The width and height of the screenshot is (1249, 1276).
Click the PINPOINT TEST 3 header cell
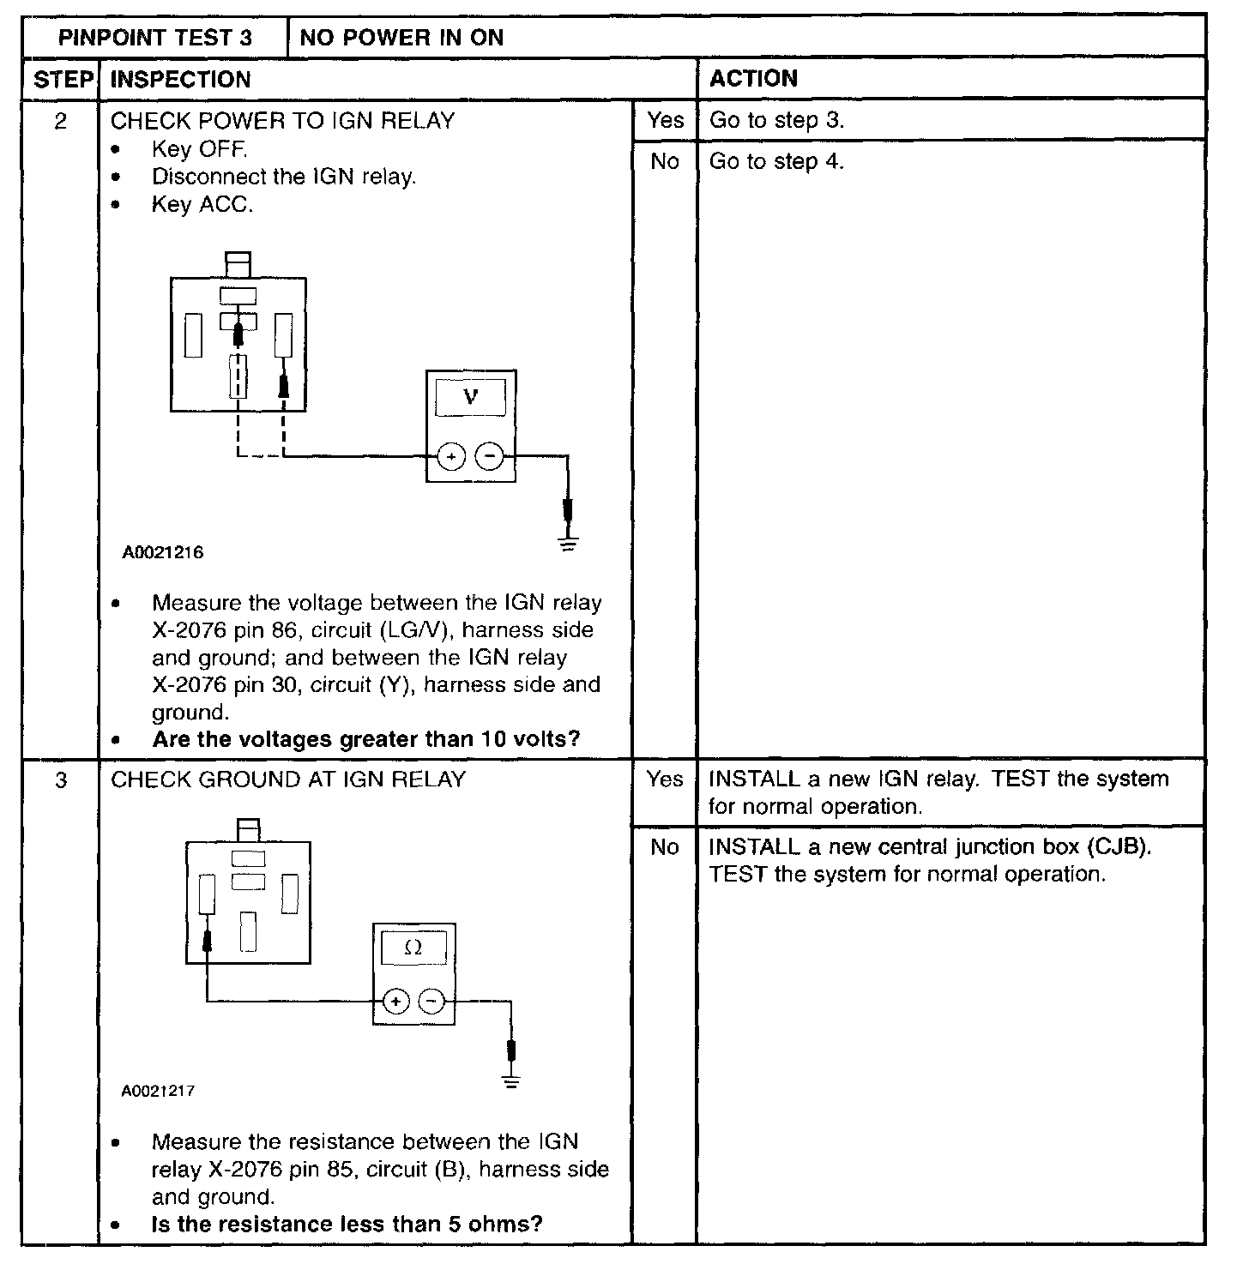click(x=155, y=38)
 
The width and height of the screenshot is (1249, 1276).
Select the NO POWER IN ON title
click(x=401, y=38)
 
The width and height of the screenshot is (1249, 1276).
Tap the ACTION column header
click(x=753, y=79)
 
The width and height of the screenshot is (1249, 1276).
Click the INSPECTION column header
click(x=180, y=80)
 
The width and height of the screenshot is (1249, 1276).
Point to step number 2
click(x=60, y=121)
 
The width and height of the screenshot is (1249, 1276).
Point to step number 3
click(x=60, y=780)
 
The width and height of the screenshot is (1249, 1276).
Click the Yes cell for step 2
click(x=665, y=120)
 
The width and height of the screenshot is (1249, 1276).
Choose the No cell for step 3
click(x=665, y=847)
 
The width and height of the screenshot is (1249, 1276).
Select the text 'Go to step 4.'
click(x=776, y=161)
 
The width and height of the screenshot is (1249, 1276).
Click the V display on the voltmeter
click(x=470, y=397)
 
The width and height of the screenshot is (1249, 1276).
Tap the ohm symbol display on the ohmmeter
click(x=413, y=948)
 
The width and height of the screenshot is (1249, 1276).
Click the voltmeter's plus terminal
click(x=451, y=456)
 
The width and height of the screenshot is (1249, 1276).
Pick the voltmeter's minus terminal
click(x=490, y=456)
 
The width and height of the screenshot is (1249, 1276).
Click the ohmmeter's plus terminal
click(x=395, y=1001)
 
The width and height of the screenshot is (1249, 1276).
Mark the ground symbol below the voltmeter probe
click(x=568, y=543)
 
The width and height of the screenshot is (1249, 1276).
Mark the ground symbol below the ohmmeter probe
click(x=511, y=1081)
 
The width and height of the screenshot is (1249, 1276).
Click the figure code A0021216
click(x=163, y=553)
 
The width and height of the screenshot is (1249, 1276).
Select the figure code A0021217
click(x=158, y=1092)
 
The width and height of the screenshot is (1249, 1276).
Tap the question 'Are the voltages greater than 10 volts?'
click(x=366, y=739)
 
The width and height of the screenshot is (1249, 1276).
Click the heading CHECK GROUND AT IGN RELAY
click(x=288, y=779)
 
